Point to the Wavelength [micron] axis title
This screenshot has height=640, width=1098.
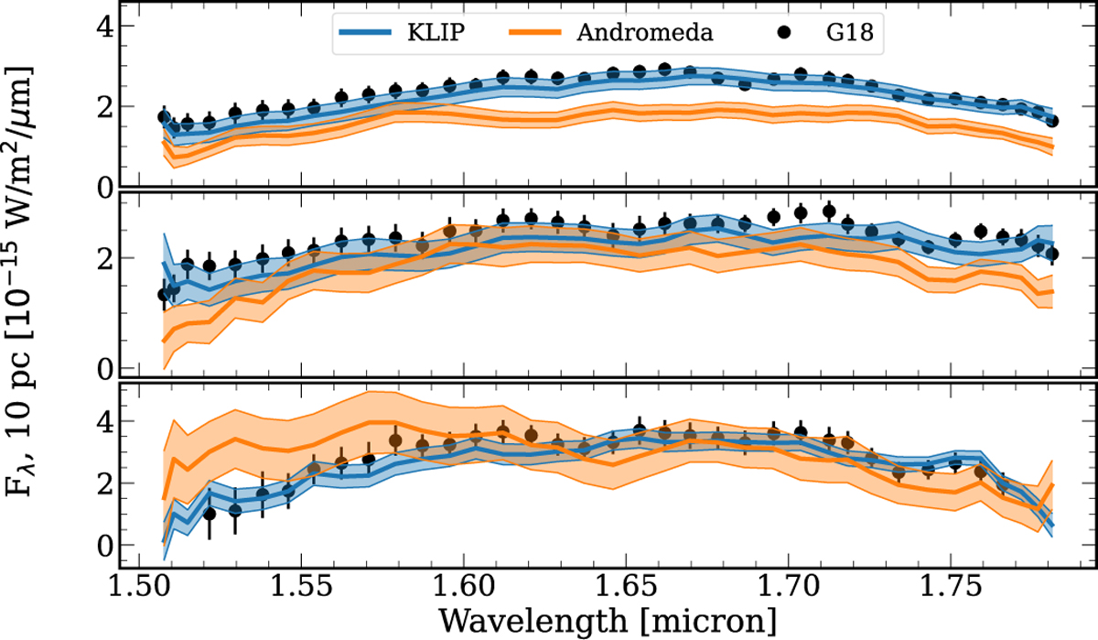click(x=608, y=620)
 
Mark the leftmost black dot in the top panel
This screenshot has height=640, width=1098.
click(x=165, y=117)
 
